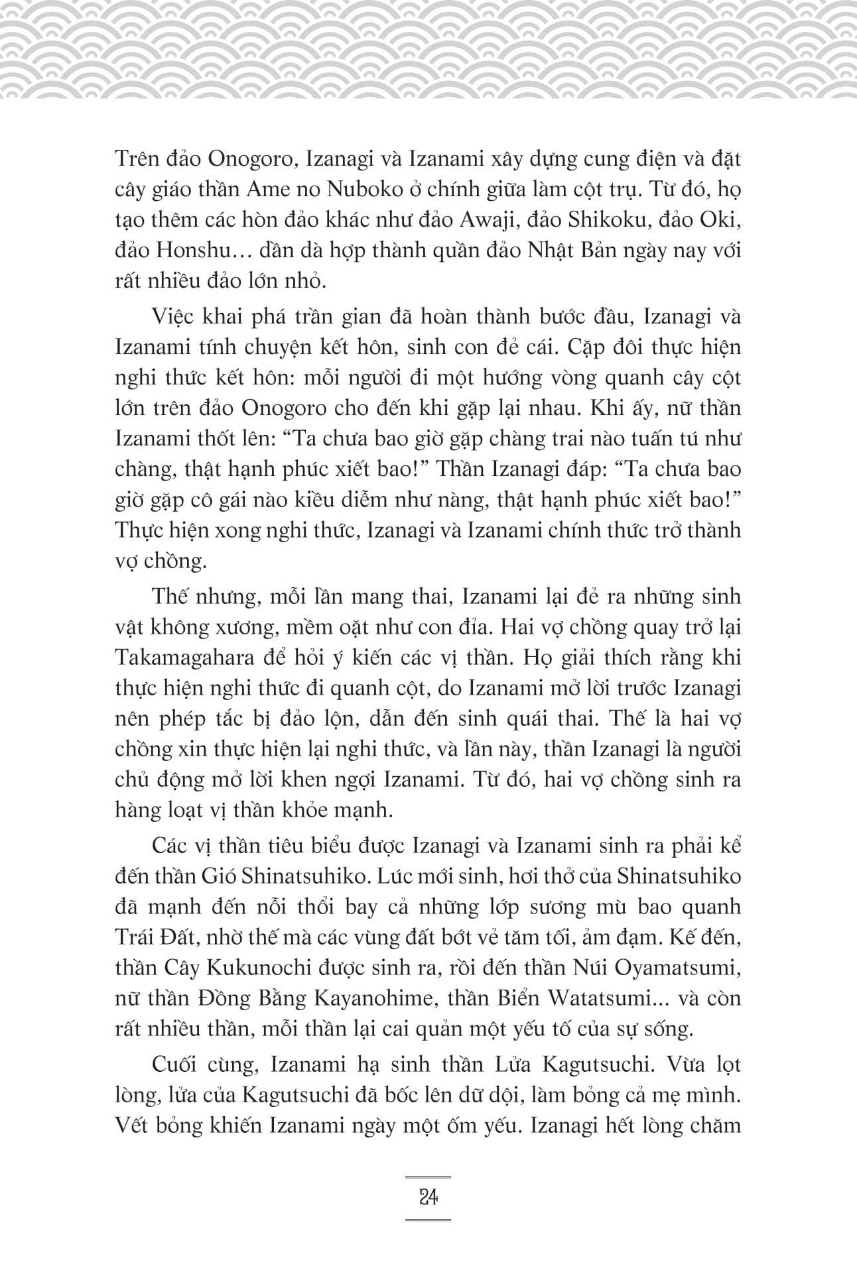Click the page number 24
(x=428, y=1198)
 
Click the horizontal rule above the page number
(x=428, y=1177)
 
